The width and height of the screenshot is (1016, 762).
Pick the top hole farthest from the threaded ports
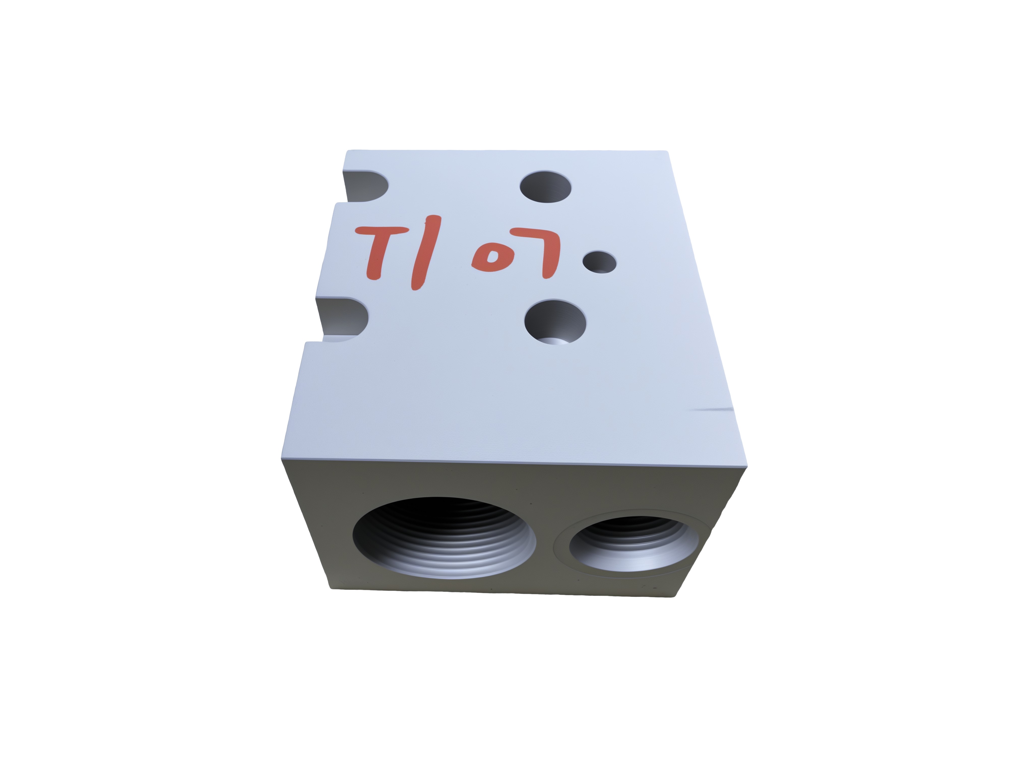pos(546,187)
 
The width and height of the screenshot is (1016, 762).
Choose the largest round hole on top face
pos(555,322)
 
